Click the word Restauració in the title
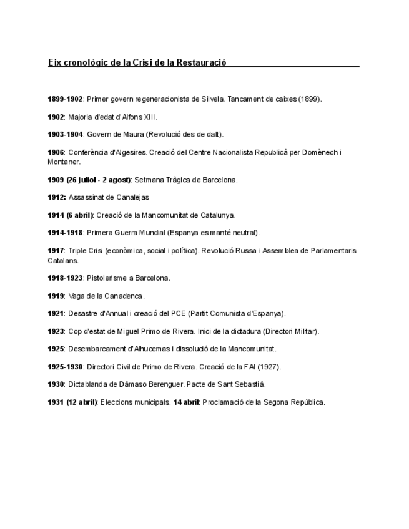coord(201,62)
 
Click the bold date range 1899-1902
coord(65,99)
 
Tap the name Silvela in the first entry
coord(213,99)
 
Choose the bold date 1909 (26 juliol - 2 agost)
coord(89,180)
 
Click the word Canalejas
coord(132,197)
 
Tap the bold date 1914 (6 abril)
coord(70,215)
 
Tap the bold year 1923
coord(56,331)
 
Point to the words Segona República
coord(294,402)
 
